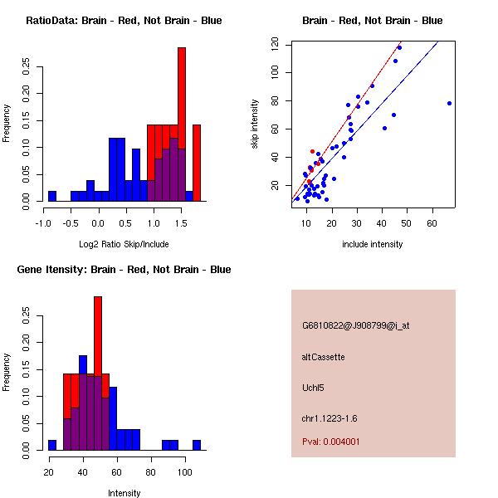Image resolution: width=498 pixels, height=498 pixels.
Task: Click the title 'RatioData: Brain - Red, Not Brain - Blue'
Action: pos(124,20)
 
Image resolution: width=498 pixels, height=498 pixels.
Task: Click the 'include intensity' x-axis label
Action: pos(372,244)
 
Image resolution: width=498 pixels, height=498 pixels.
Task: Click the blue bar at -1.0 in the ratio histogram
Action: pos(52,196)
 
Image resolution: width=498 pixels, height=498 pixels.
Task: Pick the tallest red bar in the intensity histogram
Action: pos(98,332)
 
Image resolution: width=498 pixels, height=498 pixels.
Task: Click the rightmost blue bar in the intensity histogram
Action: pos(197,445)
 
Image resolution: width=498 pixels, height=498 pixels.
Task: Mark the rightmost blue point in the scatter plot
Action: pos(449,103)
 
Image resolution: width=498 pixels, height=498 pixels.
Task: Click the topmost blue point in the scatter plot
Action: pos(399,47)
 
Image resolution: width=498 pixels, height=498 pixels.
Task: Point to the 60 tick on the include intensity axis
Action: pos(433,222)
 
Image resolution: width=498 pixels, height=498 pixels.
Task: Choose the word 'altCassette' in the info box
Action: pos(323,357)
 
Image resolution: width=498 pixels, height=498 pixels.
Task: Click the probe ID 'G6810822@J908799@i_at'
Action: pos(355,325)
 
